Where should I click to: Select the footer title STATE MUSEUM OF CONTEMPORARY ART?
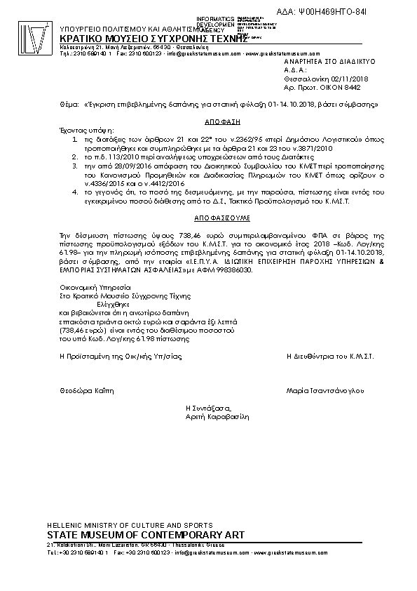[145, 535]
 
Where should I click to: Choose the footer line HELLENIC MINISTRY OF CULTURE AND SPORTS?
[126, 525]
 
